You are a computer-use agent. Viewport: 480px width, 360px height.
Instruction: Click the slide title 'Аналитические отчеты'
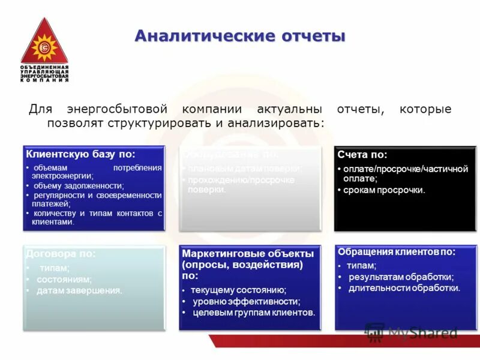click(x=239, y=36)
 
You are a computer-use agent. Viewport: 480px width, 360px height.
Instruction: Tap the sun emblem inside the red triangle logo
click(x=44, y=47)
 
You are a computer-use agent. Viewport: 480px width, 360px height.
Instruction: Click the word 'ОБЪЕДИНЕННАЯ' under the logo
click(x=44, y=67)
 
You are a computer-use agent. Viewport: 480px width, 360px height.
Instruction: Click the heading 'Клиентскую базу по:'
click(x=80, y=155)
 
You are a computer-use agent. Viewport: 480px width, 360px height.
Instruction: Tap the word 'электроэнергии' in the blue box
click(x=63, y=176)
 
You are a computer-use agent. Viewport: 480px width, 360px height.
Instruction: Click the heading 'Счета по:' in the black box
click(x=362, y=155)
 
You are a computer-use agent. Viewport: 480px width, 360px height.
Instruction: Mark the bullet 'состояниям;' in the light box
click(x=64, y=279)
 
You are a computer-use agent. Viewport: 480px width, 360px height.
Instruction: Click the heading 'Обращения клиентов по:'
click(x=396, y=252)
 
